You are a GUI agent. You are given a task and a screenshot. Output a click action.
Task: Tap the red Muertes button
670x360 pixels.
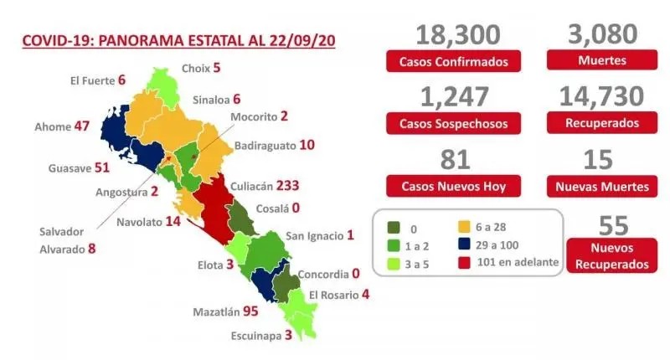point(600,60)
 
